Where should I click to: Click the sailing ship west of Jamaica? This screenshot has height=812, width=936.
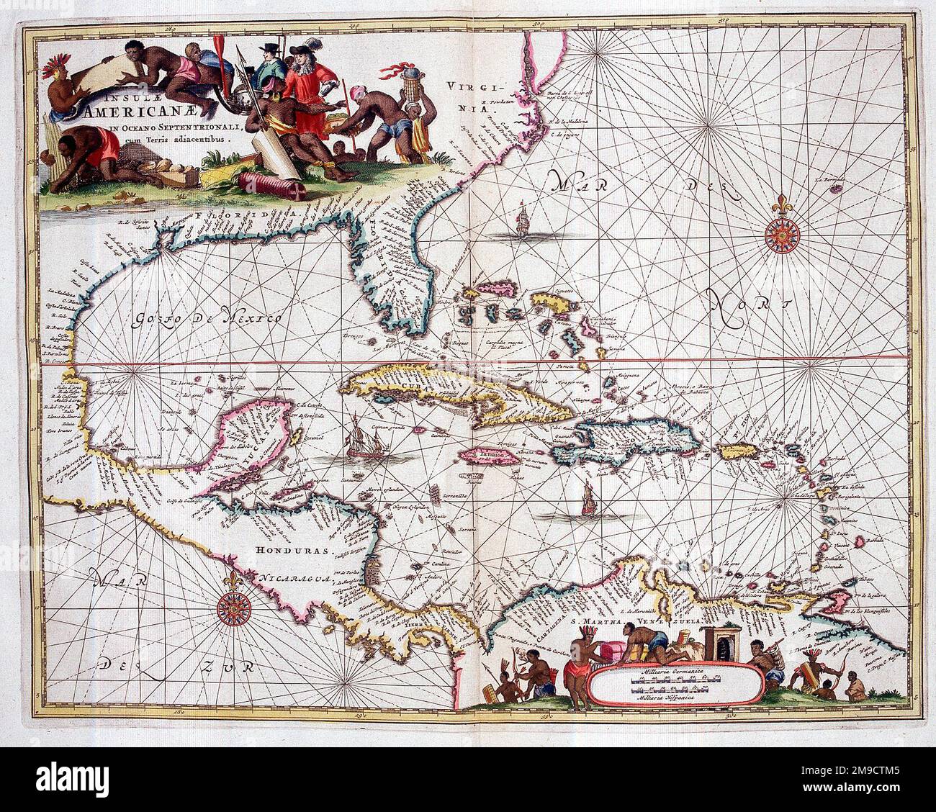coord(359,442)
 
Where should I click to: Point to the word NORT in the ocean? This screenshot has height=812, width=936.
coord(746,306)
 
